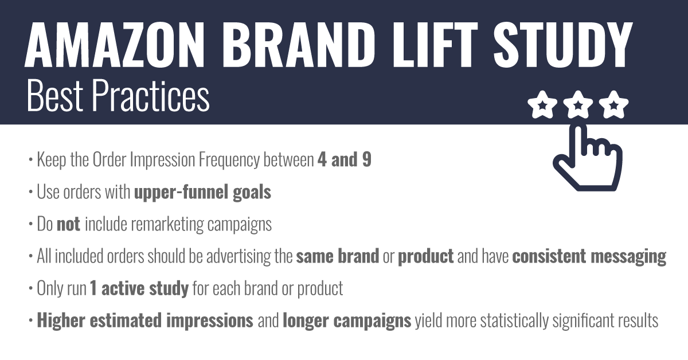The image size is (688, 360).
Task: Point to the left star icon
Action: point(541,105)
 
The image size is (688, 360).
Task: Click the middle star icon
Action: point(578,105)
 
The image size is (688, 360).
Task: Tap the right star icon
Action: point(615,105)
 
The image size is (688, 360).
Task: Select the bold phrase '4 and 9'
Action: point(344,160)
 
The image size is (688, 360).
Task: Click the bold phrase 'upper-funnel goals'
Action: point(202,192)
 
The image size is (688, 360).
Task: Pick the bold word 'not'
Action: point(68,224)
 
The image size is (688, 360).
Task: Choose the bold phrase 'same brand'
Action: point(337,256)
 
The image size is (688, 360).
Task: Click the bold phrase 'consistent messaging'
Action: point(589,256)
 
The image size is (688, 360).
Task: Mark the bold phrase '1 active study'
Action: point(139,288)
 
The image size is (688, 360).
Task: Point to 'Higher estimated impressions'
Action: point(145,320)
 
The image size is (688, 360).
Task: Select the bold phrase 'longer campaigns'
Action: point(346,320)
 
